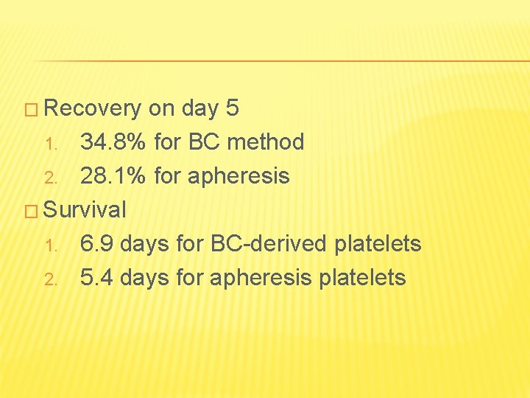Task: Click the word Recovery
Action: pyautogui.click(x=93, y=109)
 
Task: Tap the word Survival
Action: pyautogui.click(x=85, y=210)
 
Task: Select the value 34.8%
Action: pyautogui.click(x=113, y=142)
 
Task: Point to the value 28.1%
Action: pyautogui.click(x=113, y=176)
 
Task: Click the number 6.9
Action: pyautogui.click(x=96, y=244)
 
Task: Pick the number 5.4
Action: pyautogui.click(x=96, y=278)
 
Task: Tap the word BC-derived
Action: pyautogui.click(x=271, y=244)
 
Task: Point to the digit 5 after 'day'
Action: pyautogui.click(x=233, y=109)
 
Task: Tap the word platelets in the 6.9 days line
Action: pyautogui.click(x=378, y=244)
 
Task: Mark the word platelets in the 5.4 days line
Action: pyautogui.click(x=362, y=278)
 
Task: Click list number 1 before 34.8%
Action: pyautogui.click(x=50, y=143)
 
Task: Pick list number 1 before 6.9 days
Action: pyautogui.click(x=50, y=245)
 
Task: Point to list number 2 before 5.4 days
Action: pyautogui.click(x=50, y=279)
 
